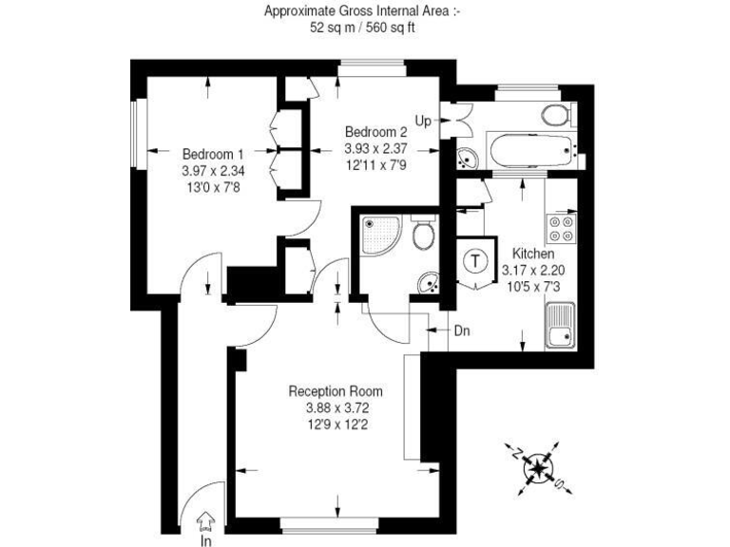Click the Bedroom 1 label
click(213, 154)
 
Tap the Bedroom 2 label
click(375, 132)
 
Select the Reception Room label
click(336, 390)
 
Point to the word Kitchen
click(533, 255)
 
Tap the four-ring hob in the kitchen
click(560, 228)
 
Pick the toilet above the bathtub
click(556, 116)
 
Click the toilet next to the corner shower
click(425, 236)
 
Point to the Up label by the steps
click(423, 121)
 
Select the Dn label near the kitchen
click(462, 330)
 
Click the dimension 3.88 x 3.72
click(336, 407)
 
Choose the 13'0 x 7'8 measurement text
click(213, 187)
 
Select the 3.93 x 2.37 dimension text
click(375, 148)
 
